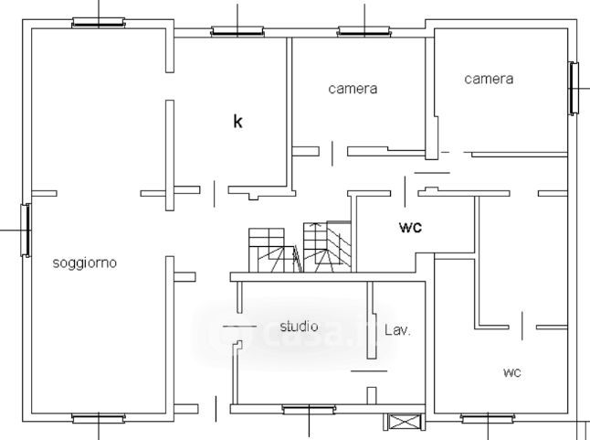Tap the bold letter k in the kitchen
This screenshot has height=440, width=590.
point(237,121)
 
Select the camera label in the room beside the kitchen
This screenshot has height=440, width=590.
point(353,89)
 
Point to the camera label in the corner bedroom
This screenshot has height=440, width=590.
point(489,79)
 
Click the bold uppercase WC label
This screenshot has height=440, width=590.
point(409,228)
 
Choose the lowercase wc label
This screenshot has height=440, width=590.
point(511,372)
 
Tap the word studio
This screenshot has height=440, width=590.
point(299,326)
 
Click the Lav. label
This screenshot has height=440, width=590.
point(397,330)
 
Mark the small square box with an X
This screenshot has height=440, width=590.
point(403,423)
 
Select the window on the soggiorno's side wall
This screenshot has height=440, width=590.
point(27,229)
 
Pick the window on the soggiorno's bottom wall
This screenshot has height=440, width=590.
point(99,419)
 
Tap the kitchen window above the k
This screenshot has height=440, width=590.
point(237,32)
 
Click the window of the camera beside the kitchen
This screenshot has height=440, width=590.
point(363,32)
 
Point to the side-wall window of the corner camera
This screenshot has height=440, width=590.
point(574,88)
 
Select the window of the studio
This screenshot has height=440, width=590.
point(310,410)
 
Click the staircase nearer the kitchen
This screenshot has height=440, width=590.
point(270,250)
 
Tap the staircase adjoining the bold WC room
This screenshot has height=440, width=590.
point(326,247)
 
